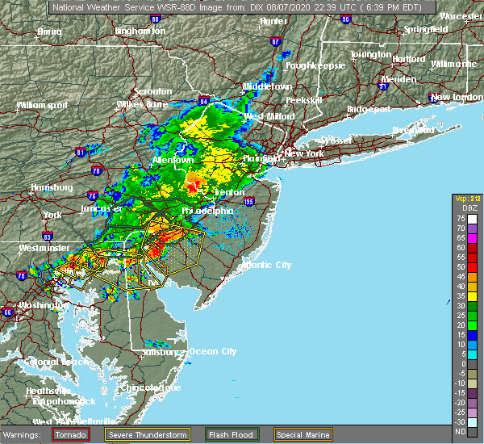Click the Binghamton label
(x=140, y=30)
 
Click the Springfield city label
(x=427, y=29)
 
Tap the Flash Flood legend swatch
(x=217, y=434)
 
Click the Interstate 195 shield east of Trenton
(x=249, y=202)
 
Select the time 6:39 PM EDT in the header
(x=403, y=7)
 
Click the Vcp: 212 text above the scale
(x=465, y=199)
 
